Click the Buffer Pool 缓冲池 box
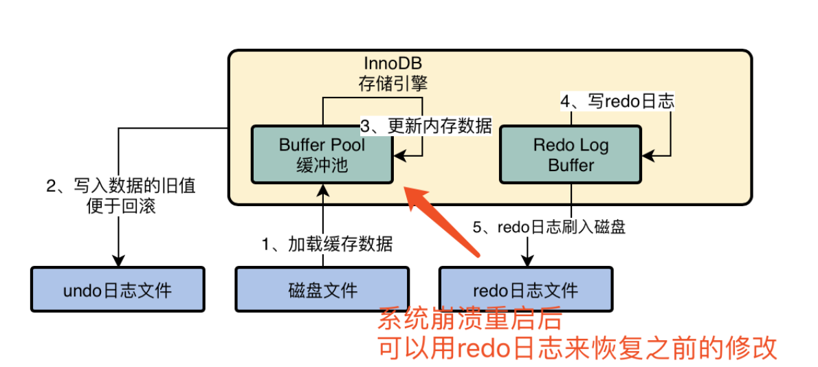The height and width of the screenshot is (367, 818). tap(322, 155)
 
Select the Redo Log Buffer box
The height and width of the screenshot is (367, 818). tap(571, 155)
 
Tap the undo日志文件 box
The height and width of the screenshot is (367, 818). tap(118, 289)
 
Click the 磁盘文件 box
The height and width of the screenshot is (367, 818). tap(322, 289)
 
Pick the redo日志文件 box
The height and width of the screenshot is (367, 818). tap(526, 289)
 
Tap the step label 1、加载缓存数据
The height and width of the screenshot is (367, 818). tap(327, 243)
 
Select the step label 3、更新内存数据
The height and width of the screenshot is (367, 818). tap(426, 126)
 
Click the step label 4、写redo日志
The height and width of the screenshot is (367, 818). tap(617, 102)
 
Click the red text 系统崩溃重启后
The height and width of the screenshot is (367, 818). tap(470, 320)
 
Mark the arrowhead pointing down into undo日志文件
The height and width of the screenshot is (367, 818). tap(118, 261)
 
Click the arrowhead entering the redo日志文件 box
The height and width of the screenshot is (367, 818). tap(527, 261)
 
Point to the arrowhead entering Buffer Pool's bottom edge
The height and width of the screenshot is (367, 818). tap(322, 190)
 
